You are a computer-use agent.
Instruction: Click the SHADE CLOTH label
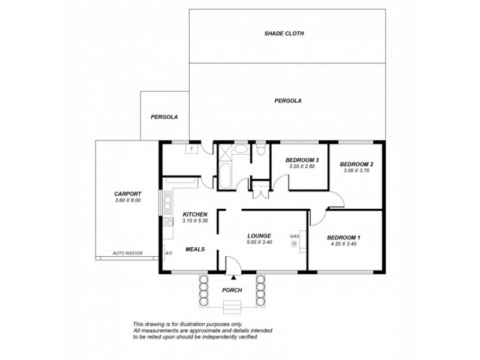coord(284,34)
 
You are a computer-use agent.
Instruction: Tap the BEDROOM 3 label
coord(302,160)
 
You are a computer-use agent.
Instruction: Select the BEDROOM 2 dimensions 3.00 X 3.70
coord(356,171)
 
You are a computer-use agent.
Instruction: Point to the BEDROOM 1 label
coord(344,238)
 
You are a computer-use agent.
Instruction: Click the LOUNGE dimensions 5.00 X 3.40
coord(259,242)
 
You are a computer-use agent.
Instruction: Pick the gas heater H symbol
coord(294,244)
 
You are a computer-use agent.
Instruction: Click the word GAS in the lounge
coord(294,236)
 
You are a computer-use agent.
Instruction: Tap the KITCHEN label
coord(195,214)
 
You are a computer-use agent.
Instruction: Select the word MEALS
coord(195,249)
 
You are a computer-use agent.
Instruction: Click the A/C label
coord(169,254)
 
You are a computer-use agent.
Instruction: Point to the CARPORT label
coord(128,194)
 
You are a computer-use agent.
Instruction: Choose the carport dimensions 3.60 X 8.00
coord(128,200)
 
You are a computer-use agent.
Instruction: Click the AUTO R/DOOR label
coord(125,254)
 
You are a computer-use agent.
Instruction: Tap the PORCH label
coord(232,290)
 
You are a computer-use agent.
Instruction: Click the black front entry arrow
coord(233,277)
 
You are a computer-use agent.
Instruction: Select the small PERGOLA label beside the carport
coord(164,116)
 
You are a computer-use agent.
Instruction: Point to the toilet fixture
coord(259,151)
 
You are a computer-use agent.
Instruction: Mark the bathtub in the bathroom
coord(224,178)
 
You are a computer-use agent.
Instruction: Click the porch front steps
coord(232,308)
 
